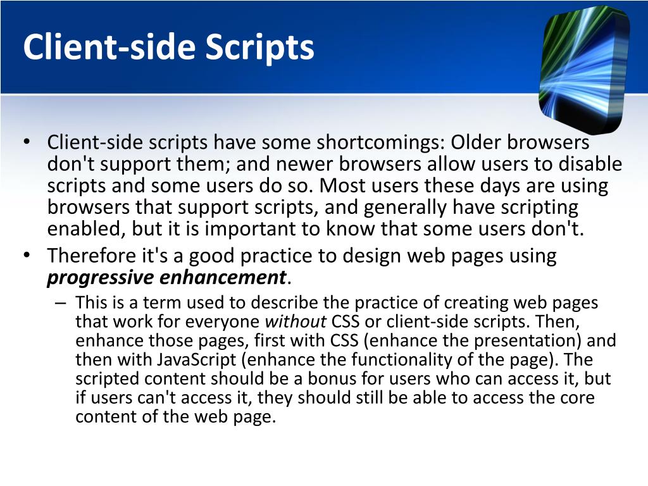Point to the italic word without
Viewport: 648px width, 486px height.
[295, 322]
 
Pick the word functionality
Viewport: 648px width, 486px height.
[434, 360]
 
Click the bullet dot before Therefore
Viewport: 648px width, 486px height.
[27, 256]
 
